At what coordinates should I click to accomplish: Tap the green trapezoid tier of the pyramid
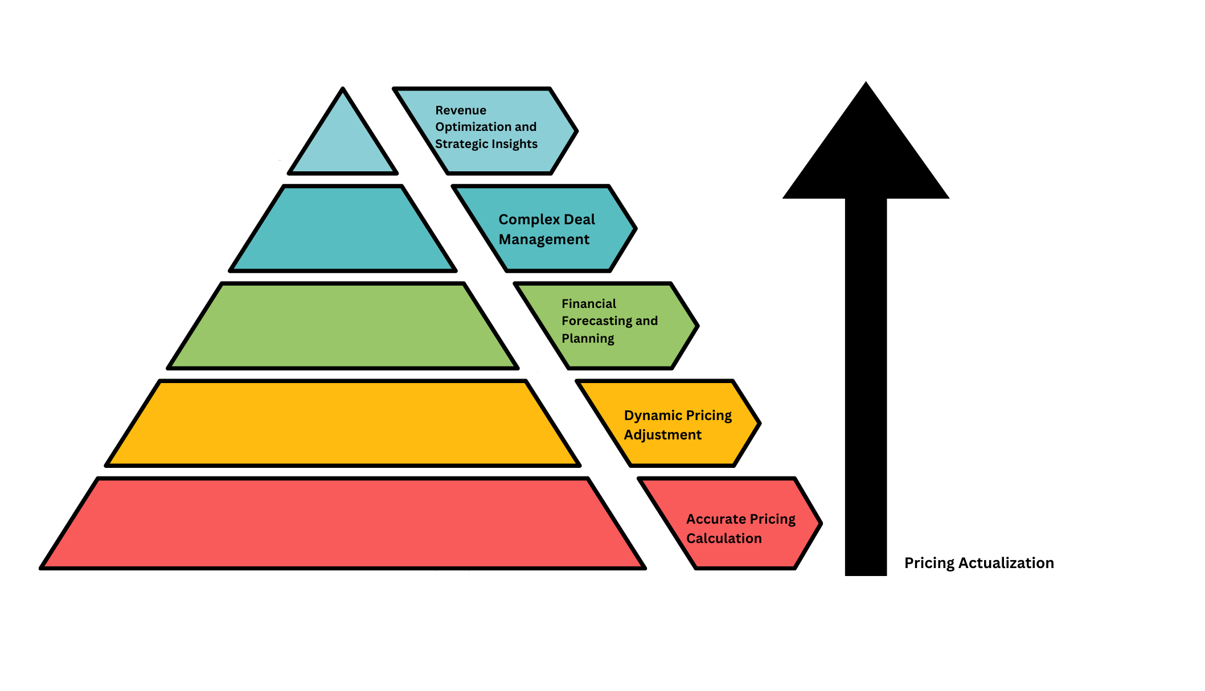coord(343,326)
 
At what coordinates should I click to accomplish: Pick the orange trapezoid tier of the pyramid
coord(343,423)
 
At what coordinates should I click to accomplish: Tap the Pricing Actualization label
coord(979,563)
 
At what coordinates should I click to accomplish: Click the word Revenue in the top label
coord(461,110)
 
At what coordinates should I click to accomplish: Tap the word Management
coord(544,240)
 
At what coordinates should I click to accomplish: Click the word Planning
coord(588,339)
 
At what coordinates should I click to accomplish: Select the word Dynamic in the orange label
coord(649,416)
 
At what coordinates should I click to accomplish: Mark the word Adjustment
coord(662,435)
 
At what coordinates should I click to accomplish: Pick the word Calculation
coord(724,538)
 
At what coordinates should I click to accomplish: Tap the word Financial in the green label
coord(589,304)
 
